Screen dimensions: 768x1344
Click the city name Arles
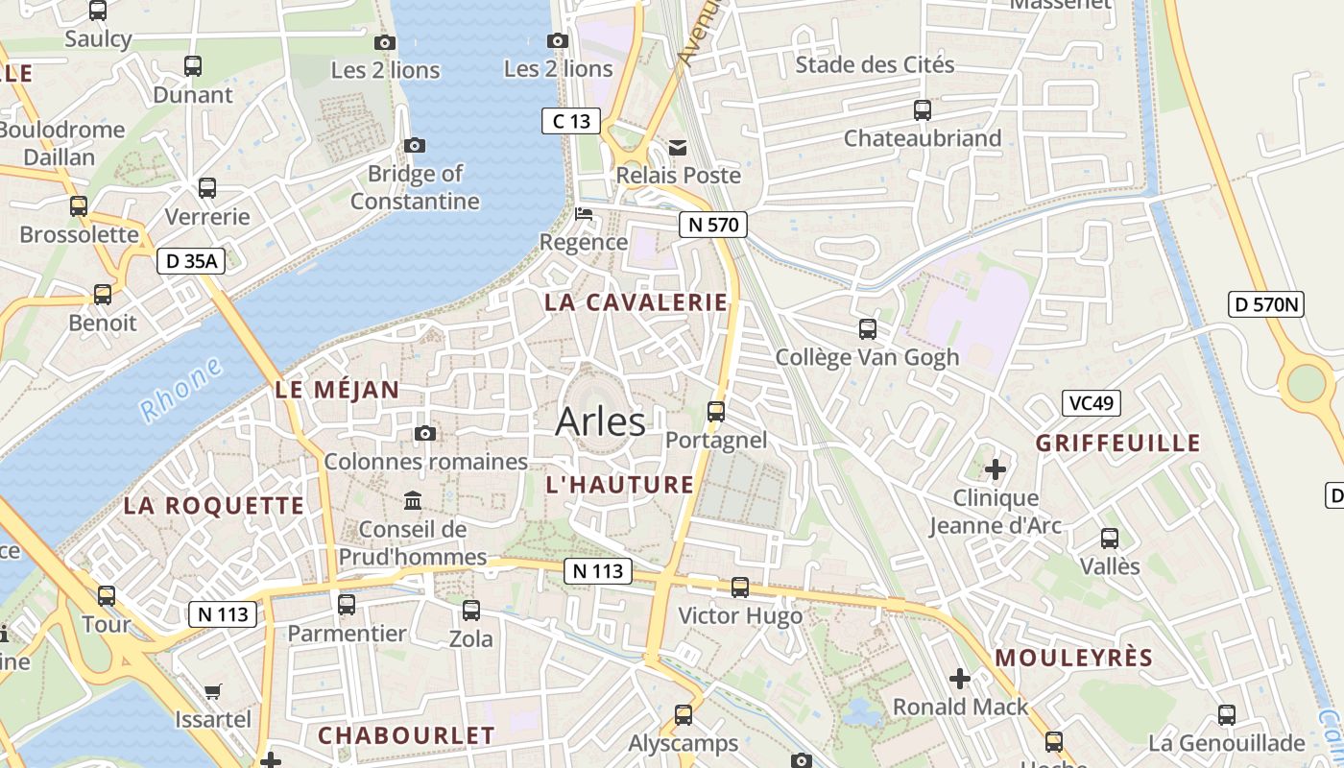point(600,421)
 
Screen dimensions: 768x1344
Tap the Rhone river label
point(180,391)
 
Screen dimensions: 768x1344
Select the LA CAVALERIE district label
point(636,302)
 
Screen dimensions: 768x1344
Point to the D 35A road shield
point(191,260)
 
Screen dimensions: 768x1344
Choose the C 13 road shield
point(571,121)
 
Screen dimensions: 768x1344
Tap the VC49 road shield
point(1091,403)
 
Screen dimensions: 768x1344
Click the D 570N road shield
point(1266,305)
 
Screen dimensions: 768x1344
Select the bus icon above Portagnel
point(716,412)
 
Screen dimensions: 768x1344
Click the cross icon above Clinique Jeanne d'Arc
point(996,469)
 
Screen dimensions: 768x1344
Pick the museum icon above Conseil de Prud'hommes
point(413,500)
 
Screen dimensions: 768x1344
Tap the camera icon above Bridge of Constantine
point(415,146)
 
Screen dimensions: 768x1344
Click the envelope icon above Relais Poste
point(678,148)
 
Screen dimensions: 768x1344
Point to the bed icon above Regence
point(583,213)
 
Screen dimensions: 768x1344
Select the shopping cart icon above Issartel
point(213,691)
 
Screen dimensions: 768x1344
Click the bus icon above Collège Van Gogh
point(868,329)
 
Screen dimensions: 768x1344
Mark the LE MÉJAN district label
point(337,390)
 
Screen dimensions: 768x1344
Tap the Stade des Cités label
point(875,65)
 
